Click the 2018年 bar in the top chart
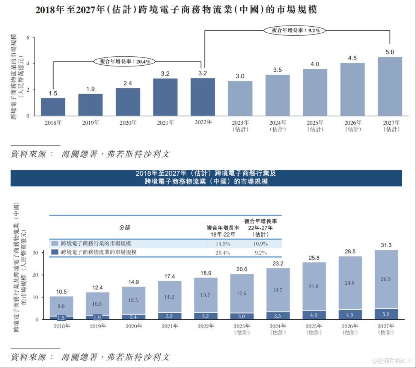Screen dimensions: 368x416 (53, 107)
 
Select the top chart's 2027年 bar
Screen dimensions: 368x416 (390, 86)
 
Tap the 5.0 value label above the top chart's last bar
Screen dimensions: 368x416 (390, 52)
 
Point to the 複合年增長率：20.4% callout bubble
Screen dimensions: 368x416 (125, 61)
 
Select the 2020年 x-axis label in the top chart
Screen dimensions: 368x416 (128, 122)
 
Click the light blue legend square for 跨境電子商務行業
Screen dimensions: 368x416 (54, 244)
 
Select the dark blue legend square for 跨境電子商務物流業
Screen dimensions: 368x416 (54, 252)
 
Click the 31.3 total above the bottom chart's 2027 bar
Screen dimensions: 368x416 (386, 245)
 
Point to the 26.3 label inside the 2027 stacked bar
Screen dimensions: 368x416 (386, 279)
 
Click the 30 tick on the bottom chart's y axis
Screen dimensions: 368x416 (36, 252)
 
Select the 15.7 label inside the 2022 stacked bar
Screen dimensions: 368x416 (206, 295)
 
